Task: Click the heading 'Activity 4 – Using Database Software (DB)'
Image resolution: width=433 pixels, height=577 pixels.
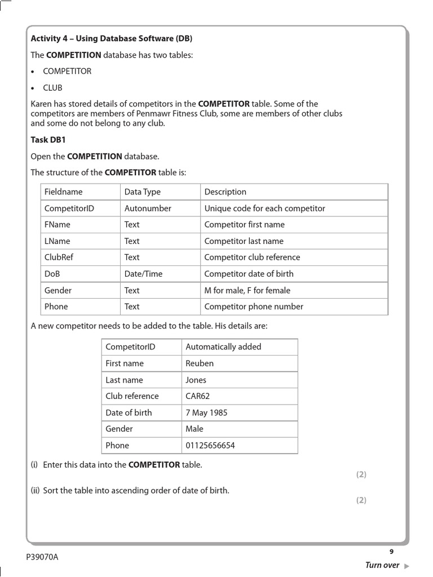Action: click(x=111, y=38)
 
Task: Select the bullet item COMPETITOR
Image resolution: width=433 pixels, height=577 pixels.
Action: click(x=67, y=71)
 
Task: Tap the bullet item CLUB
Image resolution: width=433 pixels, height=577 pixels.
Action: click(x=53, y=88)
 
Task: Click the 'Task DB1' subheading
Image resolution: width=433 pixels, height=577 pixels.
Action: click(x=48, y=140)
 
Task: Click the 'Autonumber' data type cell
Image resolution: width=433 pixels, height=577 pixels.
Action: click(x=148, y=208)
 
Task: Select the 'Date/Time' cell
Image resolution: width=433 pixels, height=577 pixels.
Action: click(x=143, y=274)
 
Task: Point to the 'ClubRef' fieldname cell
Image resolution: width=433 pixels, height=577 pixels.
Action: click(x=59, y=257)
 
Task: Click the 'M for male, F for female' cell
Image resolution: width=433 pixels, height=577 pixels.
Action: click(x=248, y=290)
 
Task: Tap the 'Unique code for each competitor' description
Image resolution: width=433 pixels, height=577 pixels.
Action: click(x=264, y=208)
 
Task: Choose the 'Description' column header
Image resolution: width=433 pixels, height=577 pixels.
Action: click(x=225, y=192)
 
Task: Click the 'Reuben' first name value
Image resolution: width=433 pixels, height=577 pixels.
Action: click(x=200, y=363)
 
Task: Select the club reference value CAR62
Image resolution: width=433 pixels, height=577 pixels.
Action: click(x=198, y=396)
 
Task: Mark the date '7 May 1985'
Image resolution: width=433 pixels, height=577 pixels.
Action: click(x=206, y=412)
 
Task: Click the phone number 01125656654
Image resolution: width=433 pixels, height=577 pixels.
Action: click(x=210, y=446)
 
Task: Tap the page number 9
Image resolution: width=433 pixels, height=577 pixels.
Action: click(x=391, y=552)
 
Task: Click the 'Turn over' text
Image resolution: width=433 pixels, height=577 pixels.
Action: click(x=382, y=565)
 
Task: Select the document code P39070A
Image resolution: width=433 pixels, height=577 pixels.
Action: click(x=42, y=557)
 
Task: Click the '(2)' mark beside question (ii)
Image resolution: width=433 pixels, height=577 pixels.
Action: click(x=361, y=500)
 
